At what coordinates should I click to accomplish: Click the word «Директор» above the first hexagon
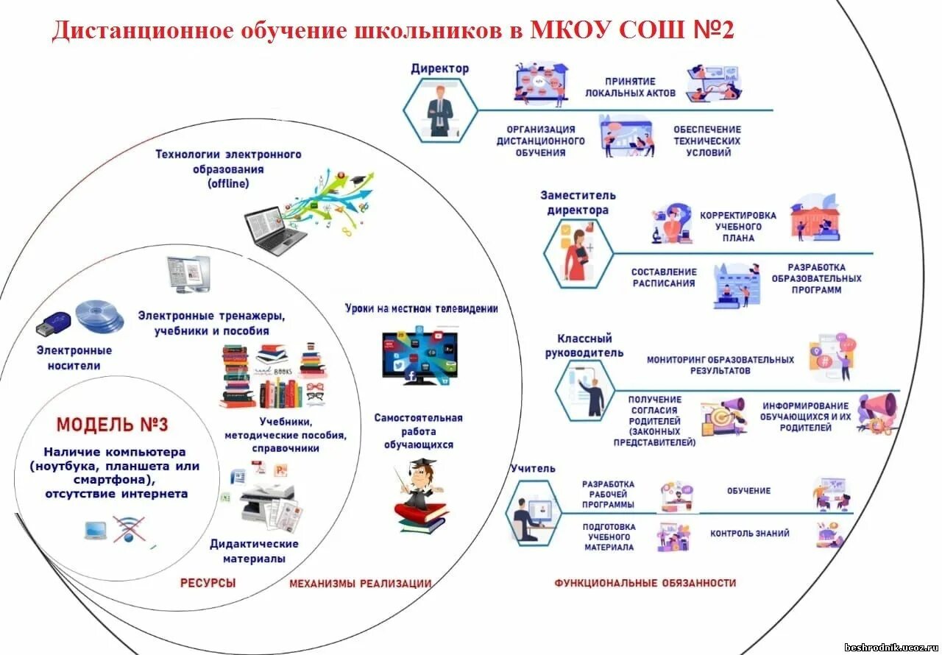[439, 68]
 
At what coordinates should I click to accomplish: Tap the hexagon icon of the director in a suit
[440, 110]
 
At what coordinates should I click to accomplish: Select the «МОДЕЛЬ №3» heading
[112, 425]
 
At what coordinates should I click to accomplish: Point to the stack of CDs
[99, 316]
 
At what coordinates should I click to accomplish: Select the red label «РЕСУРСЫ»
[208, 583]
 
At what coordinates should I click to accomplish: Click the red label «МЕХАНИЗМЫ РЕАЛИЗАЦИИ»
[360, 584]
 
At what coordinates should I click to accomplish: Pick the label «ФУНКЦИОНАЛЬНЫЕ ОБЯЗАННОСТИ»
[645, 583]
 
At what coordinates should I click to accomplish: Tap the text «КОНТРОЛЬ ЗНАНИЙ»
[749, 534]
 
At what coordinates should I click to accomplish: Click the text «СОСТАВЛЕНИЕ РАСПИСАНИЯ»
[663, 277]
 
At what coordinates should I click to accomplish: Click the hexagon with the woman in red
[578, 253]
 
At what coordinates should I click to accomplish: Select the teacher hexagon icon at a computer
[534, 513]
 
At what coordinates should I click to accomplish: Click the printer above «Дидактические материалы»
[268, 503]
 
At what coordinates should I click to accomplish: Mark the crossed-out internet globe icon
[129, 529]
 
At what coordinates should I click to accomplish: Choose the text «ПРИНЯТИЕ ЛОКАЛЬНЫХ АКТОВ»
[630, 88]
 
